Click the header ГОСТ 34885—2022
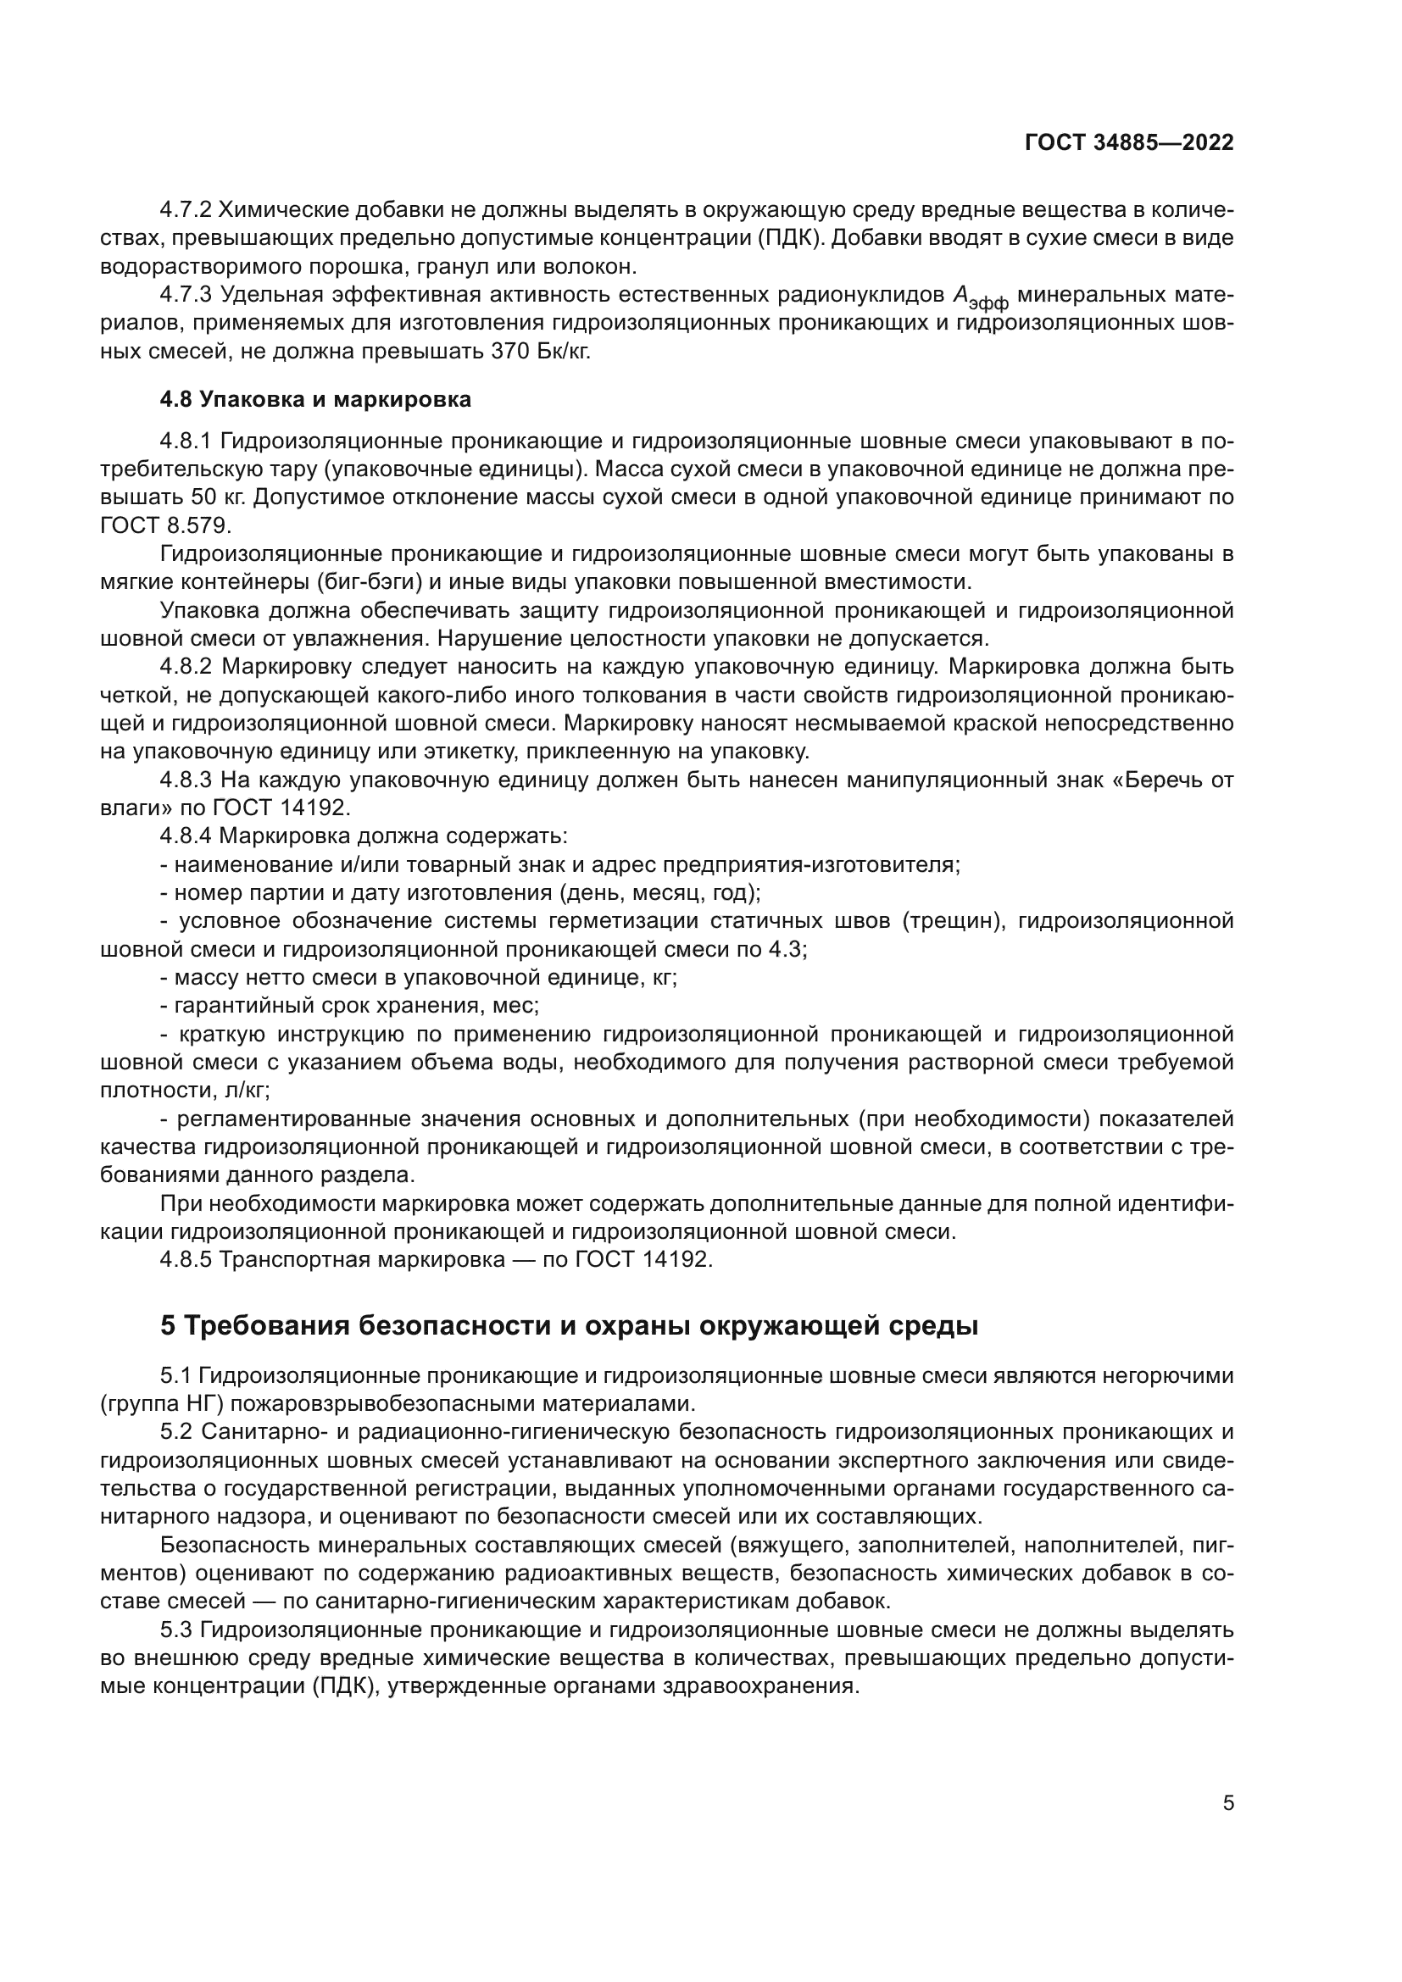[1128, 143]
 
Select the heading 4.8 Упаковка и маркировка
[316, 400]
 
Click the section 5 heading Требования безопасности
[569, 1325]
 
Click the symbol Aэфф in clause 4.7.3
[979, 297]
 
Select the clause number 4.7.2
[186, 210]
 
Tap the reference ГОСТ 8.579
[165, 525]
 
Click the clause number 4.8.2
[186, 666]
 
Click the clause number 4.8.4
[186, 836]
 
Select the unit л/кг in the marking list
[244, 1091]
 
